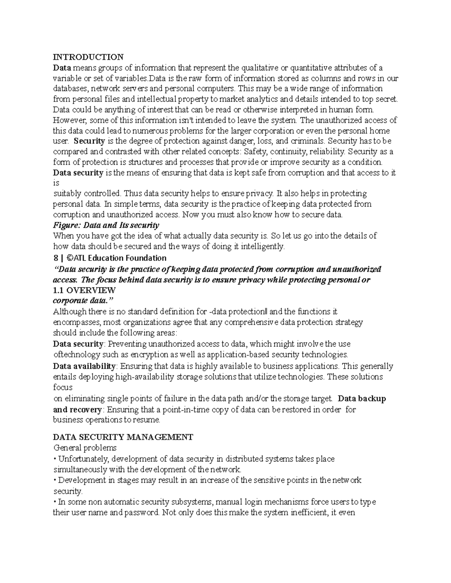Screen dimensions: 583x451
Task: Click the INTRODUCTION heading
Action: [x=88, y=57]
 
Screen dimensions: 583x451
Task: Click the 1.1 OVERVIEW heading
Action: [x=84, y=290]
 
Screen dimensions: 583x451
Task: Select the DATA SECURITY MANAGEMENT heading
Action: [x=123, y=437]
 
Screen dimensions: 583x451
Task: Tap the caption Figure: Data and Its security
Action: [x=106, y=225]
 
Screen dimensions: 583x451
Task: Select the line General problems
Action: [x=85, y=448]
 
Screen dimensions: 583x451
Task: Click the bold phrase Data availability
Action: [x=84, y=366]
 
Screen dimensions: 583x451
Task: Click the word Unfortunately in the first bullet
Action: [x=83, y=459]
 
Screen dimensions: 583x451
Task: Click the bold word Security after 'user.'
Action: [x=89, y=141]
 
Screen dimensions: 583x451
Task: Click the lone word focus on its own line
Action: [x=62, y=387]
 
